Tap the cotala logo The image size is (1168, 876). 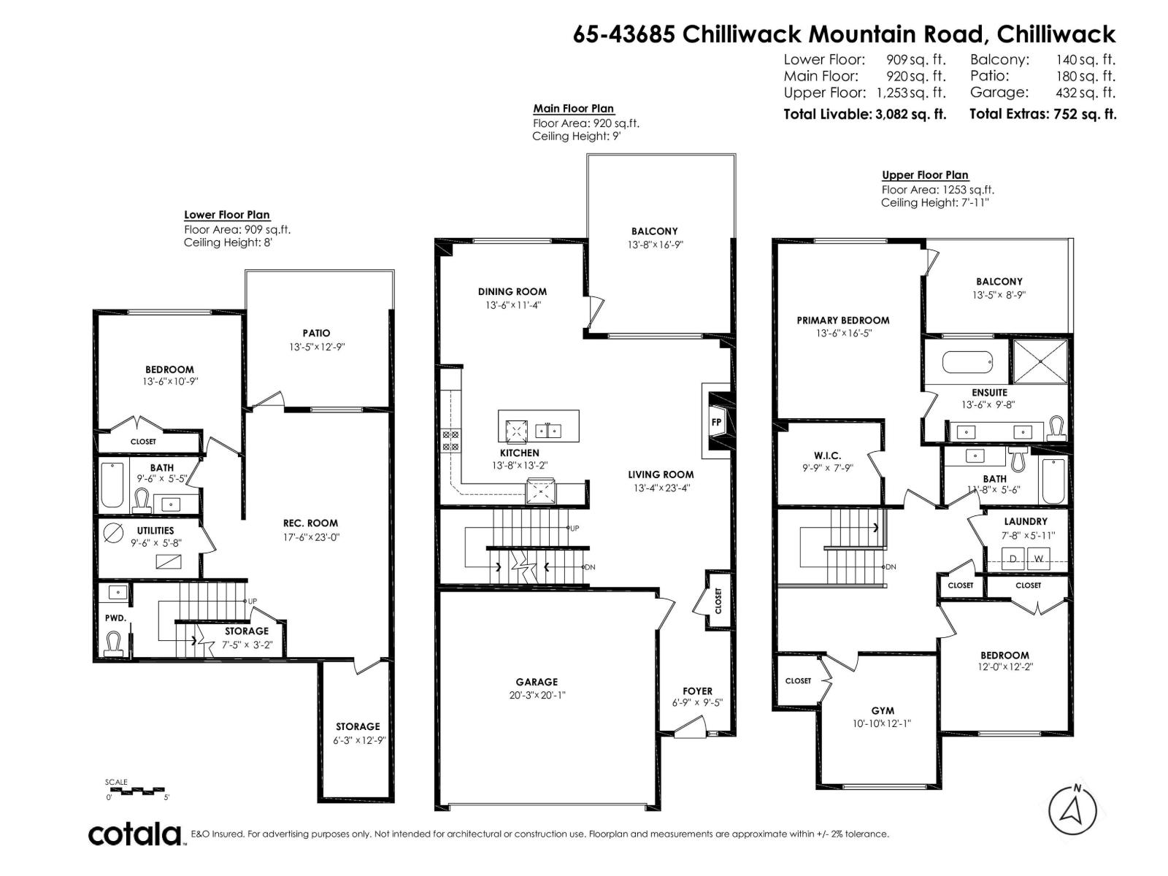click(x=136, y=834)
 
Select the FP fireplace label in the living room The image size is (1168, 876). click(x=716, y=422)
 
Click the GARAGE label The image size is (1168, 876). click(x=537, y=682)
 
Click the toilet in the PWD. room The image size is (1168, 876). click(x=114, y=643)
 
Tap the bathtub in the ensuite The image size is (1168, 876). click(x=967, y=361)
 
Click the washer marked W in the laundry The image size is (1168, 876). click(x=1039, y=559)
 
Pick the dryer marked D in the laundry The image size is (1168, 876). click(x=1013, y=559)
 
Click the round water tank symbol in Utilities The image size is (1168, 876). click(x=114, y=533)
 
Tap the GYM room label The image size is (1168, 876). click(x=882, y=710)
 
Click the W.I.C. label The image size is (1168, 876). click(x=827, y=456)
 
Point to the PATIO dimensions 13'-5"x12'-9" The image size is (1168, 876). click(x=316, y=347)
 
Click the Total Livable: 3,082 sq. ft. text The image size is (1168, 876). click(x=864, y=114)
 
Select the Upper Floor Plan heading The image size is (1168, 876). click(x=924, y=175)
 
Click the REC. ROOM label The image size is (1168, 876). click(x=310, y=523)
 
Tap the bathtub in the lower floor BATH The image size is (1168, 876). click(x=112, y=485)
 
